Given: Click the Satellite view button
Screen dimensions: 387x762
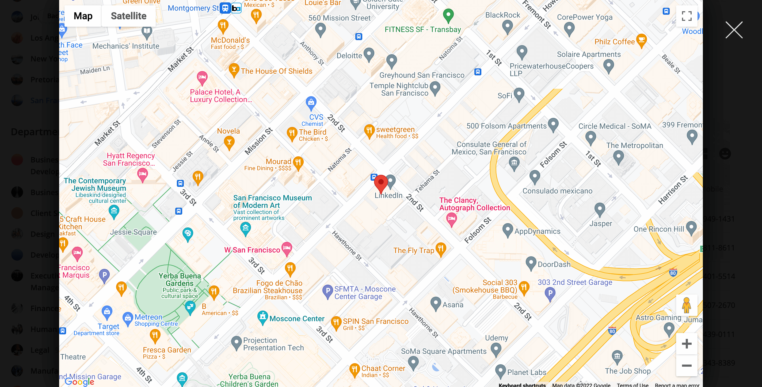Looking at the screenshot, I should tap(128, 16).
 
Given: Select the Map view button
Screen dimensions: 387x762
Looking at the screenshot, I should tap(83, 16).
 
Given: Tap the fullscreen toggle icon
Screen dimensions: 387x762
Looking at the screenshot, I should tap(686, 16).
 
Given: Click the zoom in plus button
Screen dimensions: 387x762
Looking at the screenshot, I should tap(686, 344).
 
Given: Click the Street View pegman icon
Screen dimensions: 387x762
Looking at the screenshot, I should tap(686, 305).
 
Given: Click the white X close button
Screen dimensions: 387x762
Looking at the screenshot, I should tap(734, 30).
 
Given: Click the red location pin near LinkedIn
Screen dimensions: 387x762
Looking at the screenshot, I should tap(381, 183).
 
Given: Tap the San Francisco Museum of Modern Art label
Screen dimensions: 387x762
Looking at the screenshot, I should tap(272, 202).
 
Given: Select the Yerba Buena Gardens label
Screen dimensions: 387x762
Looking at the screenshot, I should tap(180, 280).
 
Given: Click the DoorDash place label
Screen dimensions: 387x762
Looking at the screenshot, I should tap(554, 264).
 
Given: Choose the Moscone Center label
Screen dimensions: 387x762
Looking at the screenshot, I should tap(297, 319).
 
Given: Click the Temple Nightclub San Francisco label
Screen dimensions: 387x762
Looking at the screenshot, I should tap(399, 89).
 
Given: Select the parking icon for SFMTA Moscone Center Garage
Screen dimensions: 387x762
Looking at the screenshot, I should tap(327, 291).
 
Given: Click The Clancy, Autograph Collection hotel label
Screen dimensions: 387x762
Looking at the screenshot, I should tap(474, 204).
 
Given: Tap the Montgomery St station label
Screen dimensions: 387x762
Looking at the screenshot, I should tap(193, 8).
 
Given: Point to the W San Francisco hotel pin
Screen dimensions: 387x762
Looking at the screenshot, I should tap(287, 248).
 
